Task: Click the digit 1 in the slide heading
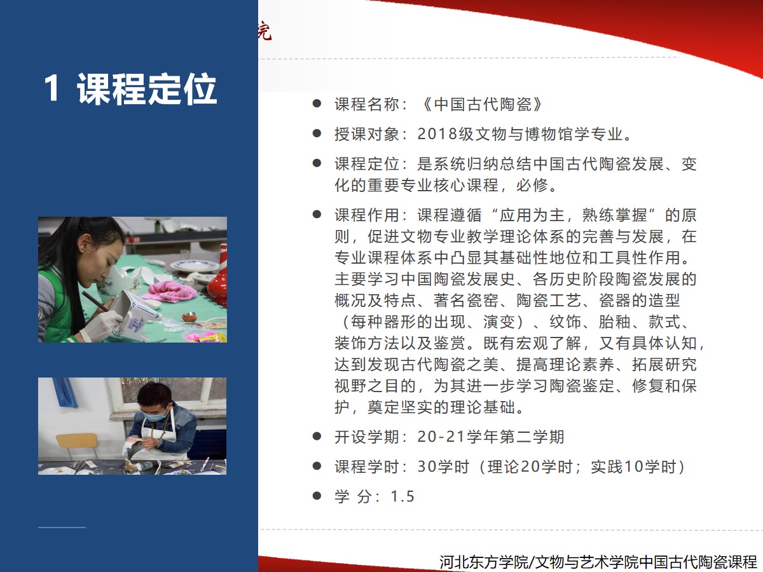pos(52,88)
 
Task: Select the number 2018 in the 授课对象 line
pos(437,134)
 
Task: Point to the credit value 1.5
pos(402,496)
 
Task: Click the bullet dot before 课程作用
pos(317,214)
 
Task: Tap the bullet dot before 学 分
pos(317,496)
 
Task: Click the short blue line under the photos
pos(62,528)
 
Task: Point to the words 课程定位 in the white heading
pos(147,88)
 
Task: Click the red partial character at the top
pos(265,31)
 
